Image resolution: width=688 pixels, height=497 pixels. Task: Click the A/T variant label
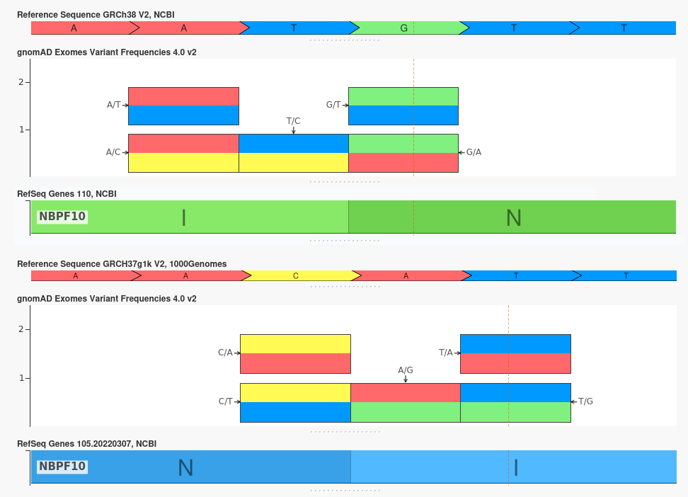pos(114,105)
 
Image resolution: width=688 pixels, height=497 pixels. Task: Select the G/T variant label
pos(333,105)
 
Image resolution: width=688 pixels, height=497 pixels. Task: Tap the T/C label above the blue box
pos(293,121)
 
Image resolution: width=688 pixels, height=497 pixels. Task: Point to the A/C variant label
pos(113,152)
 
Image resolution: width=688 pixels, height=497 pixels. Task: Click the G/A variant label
pos(474,152)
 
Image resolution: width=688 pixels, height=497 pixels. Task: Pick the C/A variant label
pos(225,353)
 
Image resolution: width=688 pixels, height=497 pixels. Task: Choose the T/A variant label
pos(446,353)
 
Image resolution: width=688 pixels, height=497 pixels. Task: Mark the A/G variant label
pos(406,370)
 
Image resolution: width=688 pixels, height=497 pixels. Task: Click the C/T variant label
pos(226,401)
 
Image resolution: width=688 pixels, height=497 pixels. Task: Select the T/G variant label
pos(586,401)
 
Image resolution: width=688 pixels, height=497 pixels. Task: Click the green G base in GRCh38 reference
pos(404,28)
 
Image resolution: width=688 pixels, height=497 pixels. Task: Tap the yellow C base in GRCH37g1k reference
pos(296,275)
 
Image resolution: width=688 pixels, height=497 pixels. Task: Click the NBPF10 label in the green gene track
pos(62,217)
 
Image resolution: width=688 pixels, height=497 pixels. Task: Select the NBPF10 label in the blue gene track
pos(62,467)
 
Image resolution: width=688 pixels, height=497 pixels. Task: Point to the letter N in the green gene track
pos(514,218)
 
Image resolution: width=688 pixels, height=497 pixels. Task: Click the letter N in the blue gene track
pos(185,468)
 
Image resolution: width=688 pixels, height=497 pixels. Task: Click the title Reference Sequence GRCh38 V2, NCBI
pos(96,15)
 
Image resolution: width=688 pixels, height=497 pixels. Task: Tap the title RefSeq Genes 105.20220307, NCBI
pos(87,444)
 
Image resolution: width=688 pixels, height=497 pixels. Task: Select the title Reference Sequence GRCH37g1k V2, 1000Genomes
pos(122,264)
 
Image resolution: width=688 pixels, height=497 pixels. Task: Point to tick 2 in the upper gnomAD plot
pos(21,82)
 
